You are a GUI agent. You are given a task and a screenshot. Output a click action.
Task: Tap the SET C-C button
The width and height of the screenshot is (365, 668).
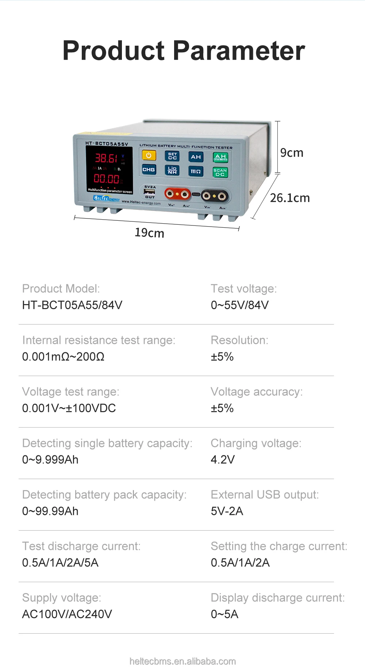click(x=172, y=156)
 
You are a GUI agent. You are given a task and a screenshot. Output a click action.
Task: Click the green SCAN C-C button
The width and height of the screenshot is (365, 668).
click(x=220, y=172)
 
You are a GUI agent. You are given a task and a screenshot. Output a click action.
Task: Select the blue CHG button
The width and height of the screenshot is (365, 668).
click(x=149, y=170)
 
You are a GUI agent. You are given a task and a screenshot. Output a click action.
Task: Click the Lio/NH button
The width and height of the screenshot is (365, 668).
click(x=172, y=170)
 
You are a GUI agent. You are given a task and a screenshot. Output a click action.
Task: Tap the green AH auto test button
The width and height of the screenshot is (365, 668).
click(x=220, y=157)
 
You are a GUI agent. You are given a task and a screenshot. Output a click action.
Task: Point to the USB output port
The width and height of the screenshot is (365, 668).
click(x=150, y=192)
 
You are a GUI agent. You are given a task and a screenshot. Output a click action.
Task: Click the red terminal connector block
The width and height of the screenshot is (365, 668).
click(x=177, y=194)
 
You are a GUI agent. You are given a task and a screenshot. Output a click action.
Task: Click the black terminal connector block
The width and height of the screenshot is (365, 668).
click(x=214, y=196)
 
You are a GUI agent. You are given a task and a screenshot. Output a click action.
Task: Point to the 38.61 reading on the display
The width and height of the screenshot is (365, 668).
click(x=106, y=158)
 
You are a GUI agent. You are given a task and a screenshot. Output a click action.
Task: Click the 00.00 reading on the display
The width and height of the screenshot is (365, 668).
click(x=106, y=179)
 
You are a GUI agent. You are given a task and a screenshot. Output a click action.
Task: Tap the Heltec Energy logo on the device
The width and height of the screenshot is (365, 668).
click(x=106, y=198)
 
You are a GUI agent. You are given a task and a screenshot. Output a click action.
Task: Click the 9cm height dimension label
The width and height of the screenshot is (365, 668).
click(x=292, y=153)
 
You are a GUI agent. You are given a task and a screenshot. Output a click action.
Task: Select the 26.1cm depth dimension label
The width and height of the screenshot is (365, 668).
click(x=290, y=198)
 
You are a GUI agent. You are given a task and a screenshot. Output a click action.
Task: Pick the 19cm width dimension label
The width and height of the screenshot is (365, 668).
click(x=149, y=233)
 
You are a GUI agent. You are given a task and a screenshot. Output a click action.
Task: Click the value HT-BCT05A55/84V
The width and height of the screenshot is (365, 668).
click(x=72, y=305)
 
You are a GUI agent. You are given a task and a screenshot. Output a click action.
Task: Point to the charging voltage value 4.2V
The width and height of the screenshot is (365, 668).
click(x=223, y=460)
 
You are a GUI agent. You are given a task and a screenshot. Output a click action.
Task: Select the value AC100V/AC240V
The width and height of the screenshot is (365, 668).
click(x=67, y=614)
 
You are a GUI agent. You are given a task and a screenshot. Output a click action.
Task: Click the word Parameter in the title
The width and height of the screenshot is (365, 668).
click(x=239, y=51)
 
